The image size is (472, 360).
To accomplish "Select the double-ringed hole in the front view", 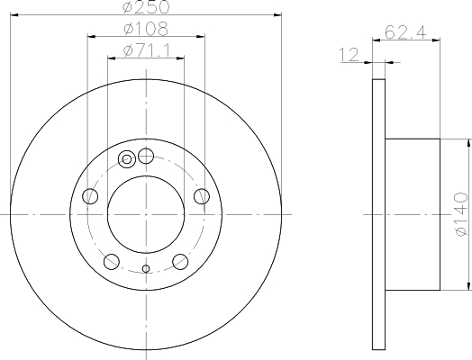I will coord(127,160).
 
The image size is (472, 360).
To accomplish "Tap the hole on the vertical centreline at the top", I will coord(145,156).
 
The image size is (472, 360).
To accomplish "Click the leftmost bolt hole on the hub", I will coord(89,196).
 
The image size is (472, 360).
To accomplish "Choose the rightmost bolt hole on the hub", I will coord(201,196).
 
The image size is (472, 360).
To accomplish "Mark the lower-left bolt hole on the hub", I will coord(111,262).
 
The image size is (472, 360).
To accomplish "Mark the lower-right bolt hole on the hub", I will coord(179,262).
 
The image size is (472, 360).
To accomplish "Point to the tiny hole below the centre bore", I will coord(145,268).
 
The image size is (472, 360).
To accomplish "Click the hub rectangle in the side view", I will coord(412,214).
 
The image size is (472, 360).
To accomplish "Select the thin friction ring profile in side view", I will coord(378,214).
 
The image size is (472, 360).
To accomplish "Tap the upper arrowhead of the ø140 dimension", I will coord(469,143).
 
